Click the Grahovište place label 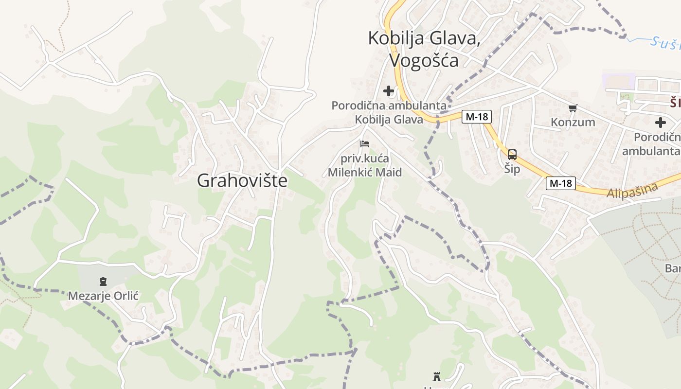[x=242, y=181]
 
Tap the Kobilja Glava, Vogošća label [x=424, y=49]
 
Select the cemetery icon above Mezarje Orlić [x=103, y=282]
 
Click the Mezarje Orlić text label [x=104, y=296]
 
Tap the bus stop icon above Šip [x=512, y=155]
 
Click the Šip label [x=512, y=169]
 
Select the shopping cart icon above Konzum [x=573, y=108]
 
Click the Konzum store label [x=573, y=122]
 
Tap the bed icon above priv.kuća [x=364, y=144]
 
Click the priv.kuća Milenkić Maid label [x=364, y=165]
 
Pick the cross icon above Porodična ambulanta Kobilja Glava [x=388, y=91]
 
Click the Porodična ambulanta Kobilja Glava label [x=389, y=112]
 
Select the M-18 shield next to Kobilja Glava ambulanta [x=477, y=117]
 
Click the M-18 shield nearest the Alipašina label [x=561, y=183]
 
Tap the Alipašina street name [x=632, y=190]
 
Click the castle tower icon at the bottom [x=436, y=376]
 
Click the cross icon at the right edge [x=660, y=123]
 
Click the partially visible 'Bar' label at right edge [x=673, y=268]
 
